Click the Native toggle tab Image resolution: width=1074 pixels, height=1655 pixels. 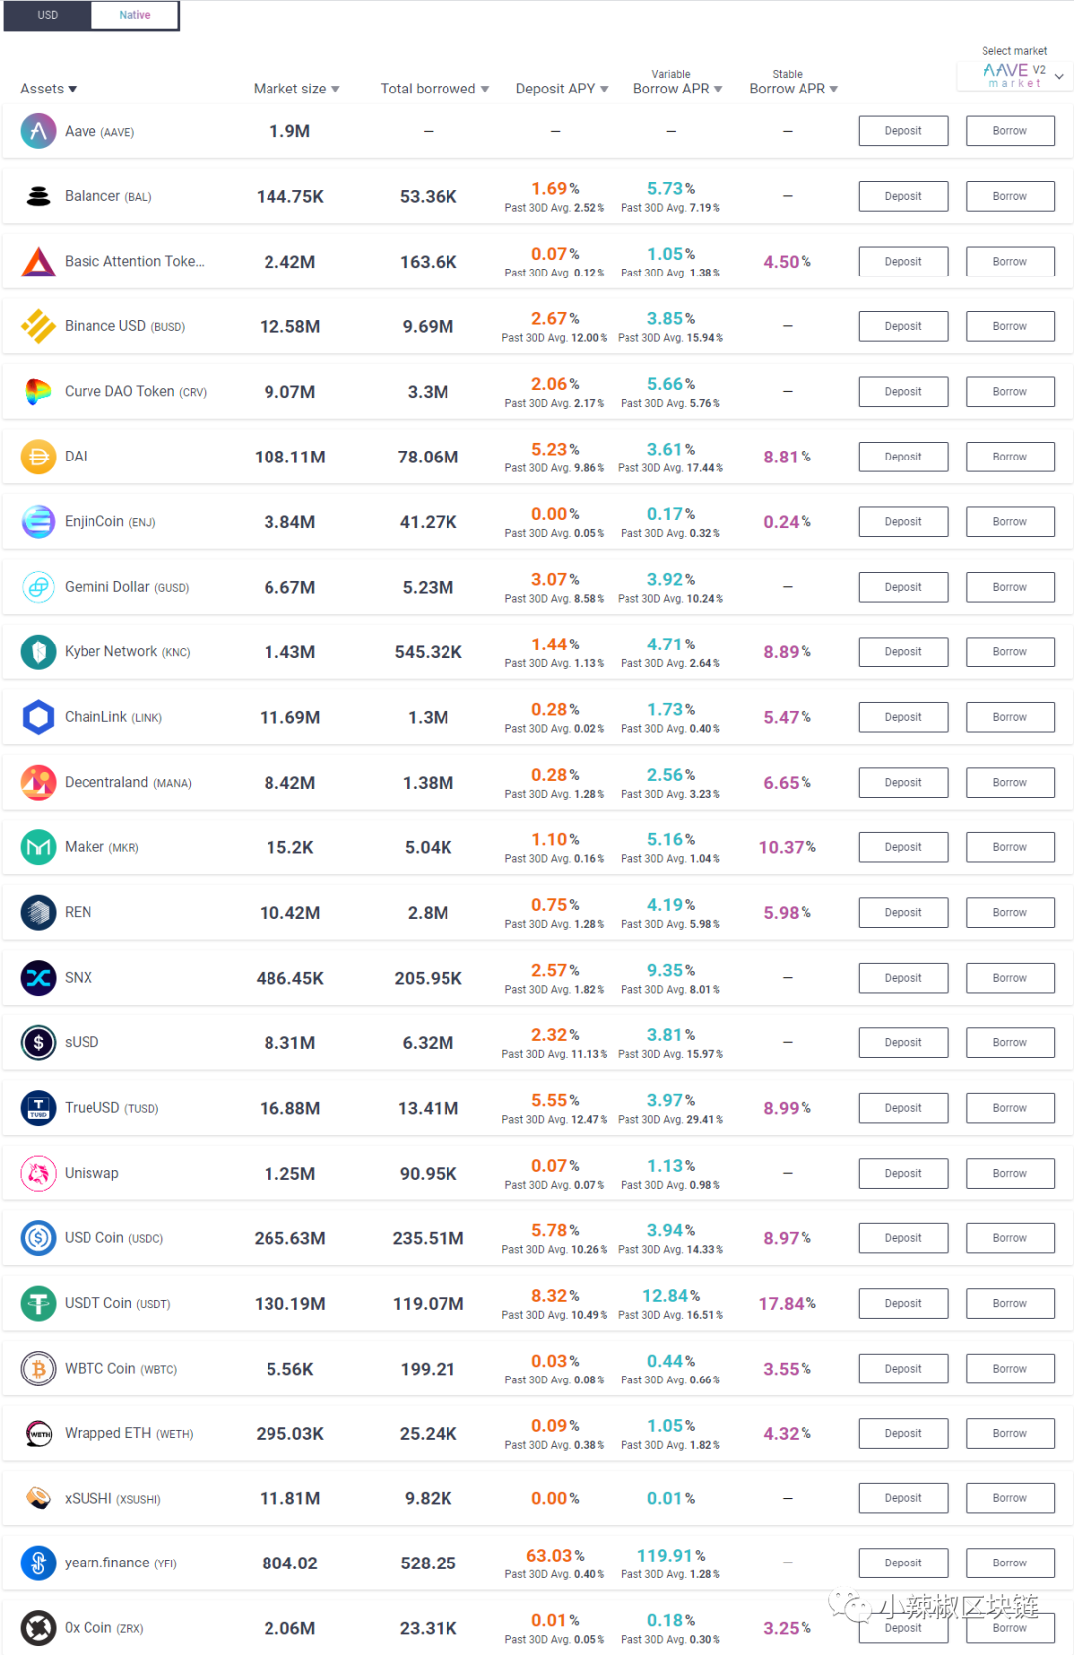(x=135, y=15)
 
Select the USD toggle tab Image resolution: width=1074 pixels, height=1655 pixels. (x=48, y=15)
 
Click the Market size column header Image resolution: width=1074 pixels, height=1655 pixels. (x=295, y=89)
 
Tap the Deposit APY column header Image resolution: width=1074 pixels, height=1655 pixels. (x=561, y=89)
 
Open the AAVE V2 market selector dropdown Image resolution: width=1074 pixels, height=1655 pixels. (x=1015, y=75)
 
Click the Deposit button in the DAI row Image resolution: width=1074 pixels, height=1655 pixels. (x=903, y=457)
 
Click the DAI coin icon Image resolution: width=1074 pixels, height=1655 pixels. (x=38, y=457)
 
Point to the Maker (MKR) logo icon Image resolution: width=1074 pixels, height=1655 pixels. (x=38, y=847)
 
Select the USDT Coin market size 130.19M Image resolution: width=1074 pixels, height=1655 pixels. (x=289, y=1303)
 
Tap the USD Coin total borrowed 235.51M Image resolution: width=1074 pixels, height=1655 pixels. (x=428, y=1238)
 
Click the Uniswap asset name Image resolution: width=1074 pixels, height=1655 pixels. (x=91, y=1173)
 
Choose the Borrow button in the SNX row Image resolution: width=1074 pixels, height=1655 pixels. (x=1009, y=978)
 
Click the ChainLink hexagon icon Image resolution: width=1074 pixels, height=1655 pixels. (x=38, y=717)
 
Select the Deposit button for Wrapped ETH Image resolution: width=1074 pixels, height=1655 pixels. (x=903, y=1433)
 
